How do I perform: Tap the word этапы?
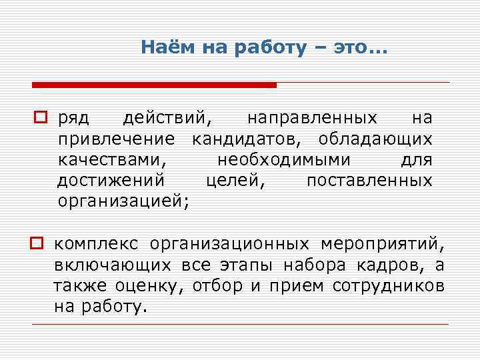coord(246,265)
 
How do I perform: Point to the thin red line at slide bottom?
coord(240,324)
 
